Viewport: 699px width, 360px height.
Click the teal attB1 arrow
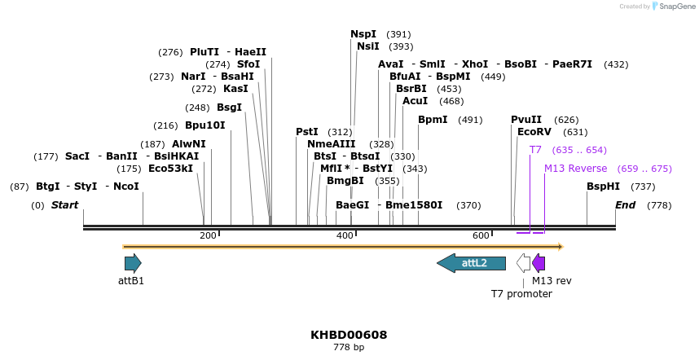tap(133, 263)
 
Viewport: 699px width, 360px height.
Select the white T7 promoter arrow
tap(523, 263)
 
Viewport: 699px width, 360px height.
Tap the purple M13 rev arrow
tap(539, 263)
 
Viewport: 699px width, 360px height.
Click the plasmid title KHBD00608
tap(349, 335)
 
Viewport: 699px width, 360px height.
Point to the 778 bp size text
tap(349, 348)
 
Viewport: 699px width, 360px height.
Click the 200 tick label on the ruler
tap(208, 235)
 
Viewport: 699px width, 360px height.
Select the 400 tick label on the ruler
tap(345, 235)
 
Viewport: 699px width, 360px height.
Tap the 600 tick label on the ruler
tap(481, 235)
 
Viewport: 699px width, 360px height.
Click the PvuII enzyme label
tap(526, 120)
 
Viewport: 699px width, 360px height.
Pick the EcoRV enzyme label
tap(534, 131)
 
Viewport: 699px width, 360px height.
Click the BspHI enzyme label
tap(603, 187)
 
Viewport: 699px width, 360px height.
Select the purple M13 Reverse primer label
tap(575, 169)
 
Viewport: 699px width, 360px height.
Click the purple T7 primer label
tap(535, 150)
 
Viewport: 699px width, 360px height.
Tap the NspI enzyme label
tap(363, 34)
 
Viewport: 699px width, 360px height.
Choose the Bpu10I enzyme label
tap(204, 125)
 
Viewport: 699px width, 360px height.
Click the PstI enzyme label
tap(307, 131)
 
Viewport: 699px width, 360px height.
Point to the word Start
tap(65, 205)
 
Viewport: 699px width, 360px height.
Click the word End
tap(625, 205)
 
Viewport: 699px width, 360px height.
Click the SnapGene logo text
tap(675, 7)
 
